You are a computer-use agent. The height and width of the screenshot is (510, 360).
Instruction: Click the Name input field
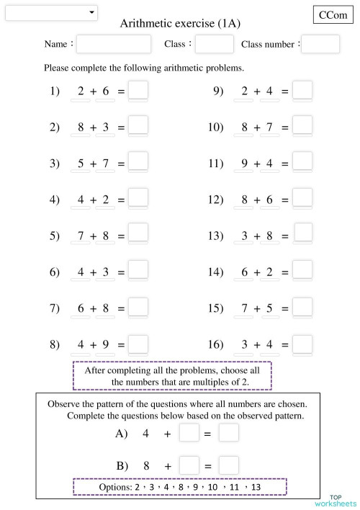point(114,44)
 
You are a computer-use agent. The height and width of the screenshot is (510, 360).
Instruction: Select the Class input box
point(214,44)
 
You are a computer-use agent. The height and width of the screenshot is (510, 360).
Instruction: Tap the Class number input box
point(320,44)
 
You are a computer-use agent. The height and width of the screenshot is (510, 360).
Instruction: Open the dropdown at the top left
point(51,12)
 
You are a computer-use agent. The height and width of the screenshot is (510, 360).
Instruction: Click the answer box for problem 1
point(138,91)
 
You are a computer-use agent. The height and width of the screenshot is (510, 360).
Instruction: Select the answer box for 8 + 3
point(138,127)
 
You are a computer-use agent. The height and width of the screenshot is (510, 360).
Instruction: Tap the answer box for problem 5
point(138,234)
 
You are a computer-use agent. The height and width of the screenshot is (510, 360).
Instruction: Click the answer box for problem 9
point(303,91)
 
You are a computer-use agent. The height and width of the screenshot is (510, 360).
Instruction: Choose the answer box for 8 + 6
point(303,198)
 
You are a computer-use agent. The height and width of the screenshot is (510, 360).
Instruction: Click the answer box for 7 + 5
point(303,307)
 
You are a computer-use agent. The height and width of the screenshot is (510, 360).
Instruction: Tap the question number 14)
point(216,272)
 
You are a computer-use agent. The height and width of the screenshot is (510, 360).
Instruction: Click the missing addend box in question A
point(189,434)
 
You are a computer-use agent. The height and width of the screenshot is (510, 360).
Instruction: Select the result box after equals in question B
point(228,465)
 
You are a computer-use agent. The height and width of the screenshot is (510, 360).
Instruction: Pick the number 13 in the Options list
point(256,488)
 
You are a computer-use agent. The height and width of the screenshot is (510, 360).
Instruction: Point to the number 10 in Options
point(212,488)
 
